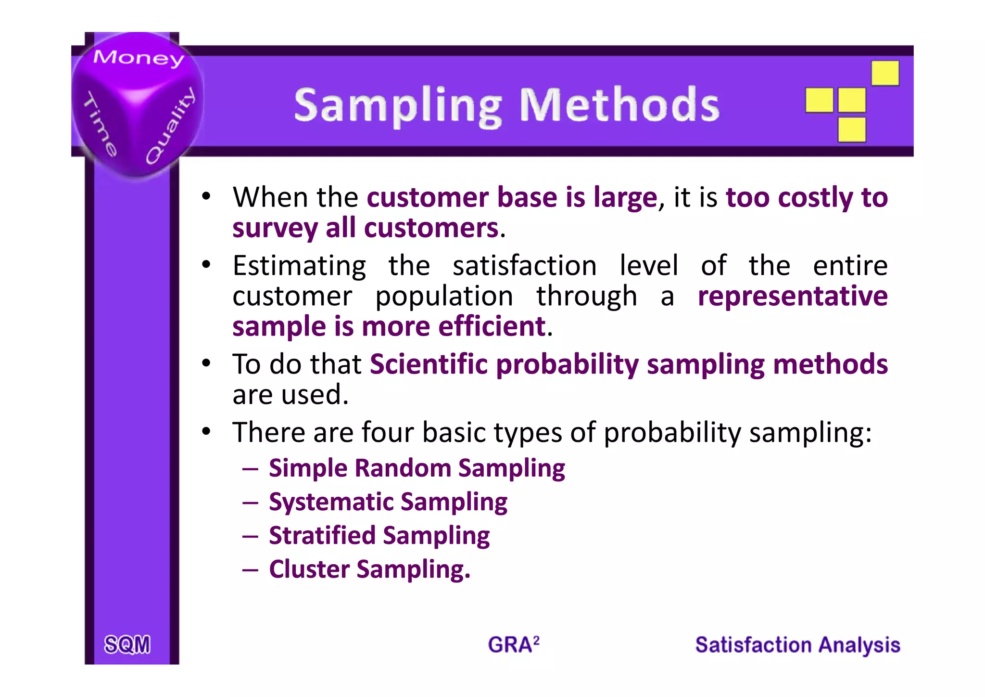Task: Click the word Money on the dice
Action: pos(139,57)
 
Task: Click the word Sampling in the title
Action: pos(398,106)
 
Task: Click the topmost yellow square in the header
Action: pos(885,73)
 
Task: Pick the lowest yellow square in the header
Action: pos(852,129)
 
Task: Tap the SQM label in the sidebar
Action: pos(127,645)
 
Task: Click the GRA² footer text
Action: pos(513,645)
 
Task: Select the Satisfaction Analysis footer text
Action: pos(797,645)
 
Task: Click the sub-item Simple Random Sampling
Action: pos(417,468)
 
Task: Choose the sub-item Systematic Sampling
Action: pos(388,502)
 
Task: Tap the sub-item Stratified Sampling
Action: pos(379,536)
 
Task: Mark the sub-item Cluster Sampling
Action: pos(369,569)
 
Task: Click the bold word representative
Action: pos(793,296)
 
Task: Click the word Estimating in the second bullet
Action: pos(299,266)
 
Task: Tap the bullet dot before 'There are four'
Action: pos(206,431)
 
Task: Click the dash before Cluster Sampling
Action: pos(251,570)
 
